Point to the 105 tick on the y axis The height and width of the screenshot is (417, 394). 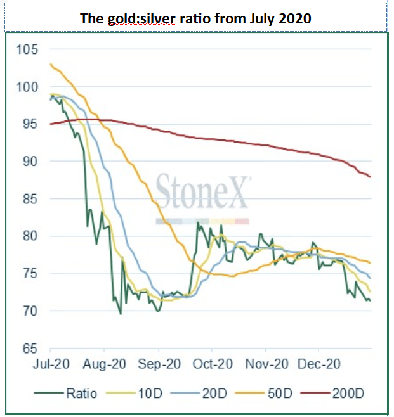pyautogui.click(x=27, y=49)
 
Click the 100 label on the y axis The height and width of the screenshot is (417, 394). pyautogui.click(x=27, y=87)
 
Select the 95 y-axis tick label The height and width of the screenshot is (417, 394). pyautogui.click(x=30, y=124)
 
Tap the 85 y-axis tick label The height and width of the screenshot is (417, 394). pyautogui.click(x=30, y=199)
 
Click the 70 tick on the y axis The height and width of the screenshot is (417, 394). pyautogui.click(x=30, y=311)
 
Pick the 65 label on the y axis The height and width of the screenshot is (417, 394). pyautogui.click(x=30, y=349)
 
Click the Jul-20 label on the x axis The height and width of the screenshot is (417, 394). pyautogui.click(x=51, y=364)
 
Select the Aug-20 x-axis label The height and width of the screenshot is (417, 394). pyautogui.click(x=104, y=364)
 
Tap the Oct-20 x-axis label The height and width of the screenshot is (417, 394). pyautogui.click(x=213, y=364)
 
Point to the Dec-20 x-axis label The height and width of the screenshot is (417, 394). pyautogui.click(x=319, y=364)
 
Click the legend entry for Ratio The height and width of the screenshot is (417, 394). pyautogui.click(x=65, y=394)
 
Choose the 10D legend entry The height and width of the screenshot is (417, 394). pyautogui.click(x=134, y=394)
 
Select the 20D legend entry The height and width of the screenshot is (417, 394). pyautogui.click(x=199, y=394)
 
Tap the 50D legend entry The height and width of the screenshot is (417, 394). pyautogui.click(x=264, y=394)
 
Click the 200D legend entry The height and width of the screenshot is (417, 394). pyautogui.click(x=332, y=394)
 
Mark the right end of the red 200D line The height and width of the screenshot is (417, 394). pyautogui.click(x=371, y=177)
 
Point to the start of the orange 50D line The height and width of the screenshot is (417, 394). pyautogui.click(x=51, y=64)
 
